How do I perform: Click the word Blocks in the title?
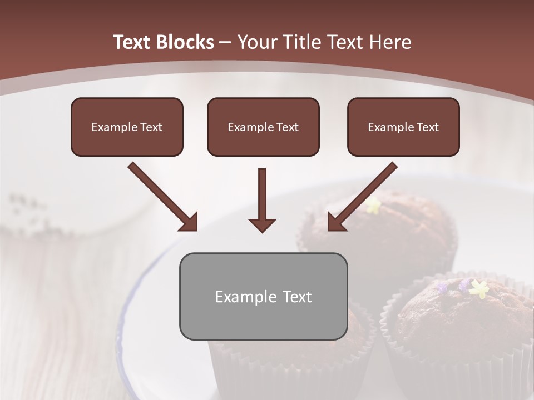(x=184, y=42)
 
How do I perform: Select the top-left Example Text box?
(x=127, y=127)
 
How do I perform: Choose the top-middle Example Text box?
(x=263, y=127)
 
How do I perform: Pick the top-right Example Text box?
(x=403, y=127)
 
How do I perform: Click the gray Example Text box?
(x=263, y=296)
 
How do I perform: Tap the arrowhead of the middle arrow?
(x=263, y=225)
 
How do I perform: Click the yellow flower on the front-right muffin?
(x=478, y=288)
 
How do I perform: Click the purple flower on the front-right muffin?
(x=463, y=285)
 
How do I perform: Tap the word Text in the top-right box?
(x=427, y=127)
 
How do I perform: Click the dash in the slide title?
(x=226, y=42)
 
